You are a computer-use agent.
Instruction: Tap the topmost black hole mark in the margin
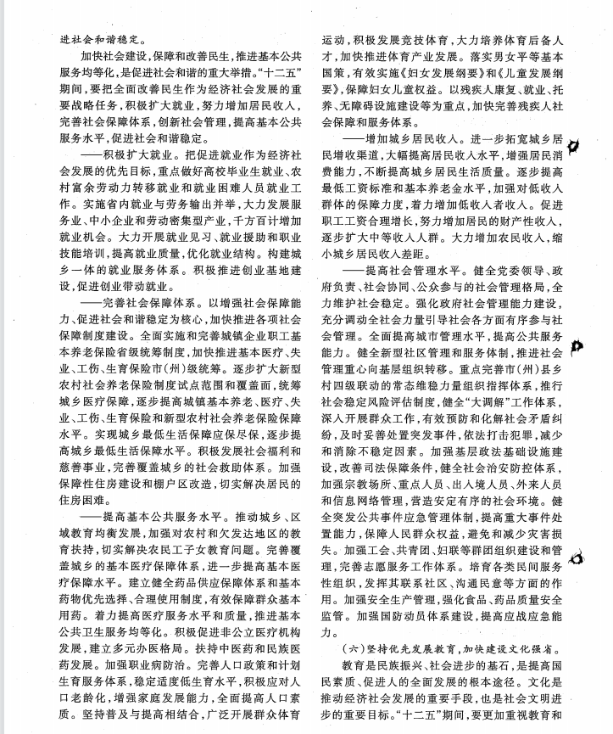(578, 145)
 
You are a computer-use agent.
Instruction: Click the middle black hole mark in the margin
(578, 345)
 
